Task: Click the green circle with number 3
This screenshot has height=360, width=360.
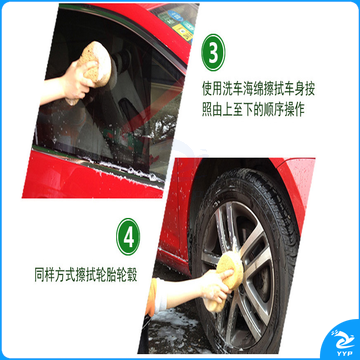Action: tap(213, 52)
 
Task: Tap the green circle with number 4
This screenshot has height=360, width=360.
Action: tap(128, 237)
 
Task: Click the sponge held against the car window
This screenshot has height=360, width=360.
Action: tap(95, 63)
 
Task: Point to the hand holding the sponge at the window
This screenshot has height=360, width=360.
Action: tap(76, 81)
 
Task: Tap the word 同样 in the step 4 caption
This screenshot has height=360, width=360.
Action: tap(45, 276)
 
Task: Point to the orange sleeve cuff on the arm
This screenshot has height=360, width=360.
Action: tap(152, 297)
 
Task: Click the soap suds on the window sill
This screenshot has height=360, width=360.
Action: tap(127, 169)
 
